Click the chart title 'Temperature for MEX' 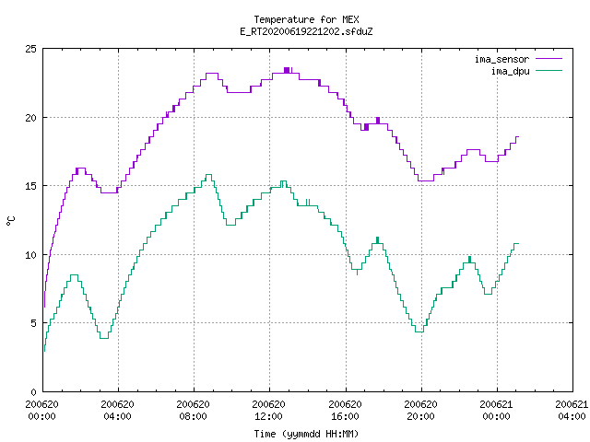tap(306, 19)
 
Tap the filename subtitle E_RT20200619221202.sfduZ tap(306, 31)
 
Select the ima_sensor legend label tap(501, 59)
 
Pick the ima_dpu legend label tap(510, 71)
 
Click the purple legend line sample tap(549, 59)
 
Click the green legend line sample tap(549, 70)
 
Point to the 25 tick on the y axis tap(30, 49)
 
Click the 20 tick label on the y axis tap(30, 118)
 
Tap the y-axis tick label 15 tap(30, 186)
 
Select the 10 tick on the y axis tap(30, 255)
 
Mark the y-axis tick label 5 tap(34, 323)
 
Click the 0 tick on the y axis tap(34, 392)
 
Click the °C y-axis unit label tap(10, 221)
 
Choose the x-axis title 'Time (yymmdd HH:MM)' tap(306, 434)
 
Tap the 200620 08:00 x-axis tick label tap(193, 410)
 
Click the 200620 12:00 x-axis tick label tap(268, 410)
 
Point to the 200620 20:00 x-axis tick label tap(420, 410)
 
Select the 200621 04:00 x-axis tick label tap(572, 410)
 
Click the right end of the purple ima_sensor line tap(518, 137)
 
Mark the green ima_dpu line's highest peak tap(208, 175)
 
